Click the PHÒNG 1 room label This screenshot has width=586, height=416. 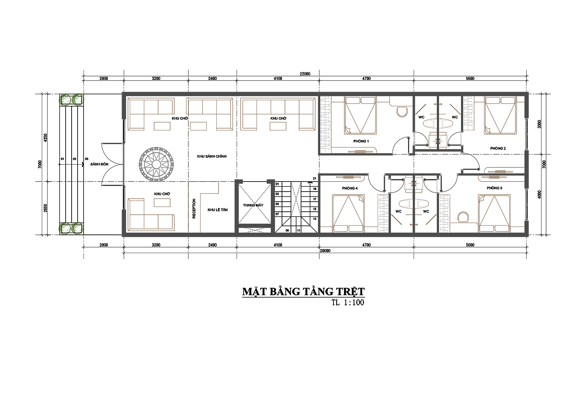[x=361, y=141]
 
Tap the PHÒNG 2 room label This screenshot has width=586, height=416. [x=498, y=148]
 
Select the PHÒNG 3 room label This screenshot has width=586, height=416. [x=494, y=188]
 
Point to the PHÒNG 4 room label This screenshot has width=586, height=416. [x=350, y=189]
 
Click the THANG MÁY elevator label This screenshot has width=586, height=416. [x=253, y=205]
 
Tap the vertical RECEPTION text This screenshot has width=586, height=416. [x=194, y=208]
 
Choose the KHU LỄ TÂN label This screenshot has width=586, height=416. [x=217, y=210]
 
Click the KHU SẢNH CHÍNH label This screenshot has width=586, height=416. [x=212, y=156]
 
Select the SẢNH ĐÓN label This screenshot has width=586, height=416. [x=96, y=164]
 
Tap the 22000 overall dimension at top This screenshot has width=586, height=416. [x=305, y=74]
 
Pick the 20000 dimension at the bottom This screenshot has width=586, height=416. [x=325, y=251]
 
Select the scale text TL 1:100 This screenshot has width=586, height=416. [x=347, y=303]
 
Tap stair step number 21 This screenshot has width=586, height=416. [x=314, y=179]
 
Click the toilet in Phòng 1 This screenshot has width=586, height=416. [x=401, y=111]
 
